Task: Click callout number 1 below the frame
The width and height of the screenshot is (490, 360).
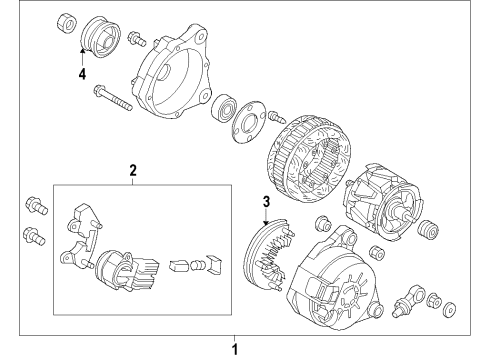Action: pyautogui.click(x=235, y=350)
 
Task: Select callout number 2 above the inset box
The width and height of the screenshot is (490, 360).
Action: pyautogui.click(x=133, y=170)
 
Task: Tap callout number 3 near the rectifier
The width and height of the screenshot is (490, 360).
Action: pyautogui.click(x=266, y=202)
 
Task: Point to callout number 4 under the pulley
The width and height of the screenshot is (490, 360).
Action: pyautogui.click(x=82, y=74)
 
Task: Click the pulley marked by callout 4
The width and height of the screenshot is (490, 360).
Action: pyautogui.click(x=101, y=37)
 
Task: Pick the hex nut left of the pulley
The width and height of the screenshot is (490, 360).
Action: pyautogui.click(x=67, y=23)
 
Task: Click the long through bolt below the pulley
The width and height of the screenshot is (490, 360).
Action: pyautogui.click(x=113, y=98)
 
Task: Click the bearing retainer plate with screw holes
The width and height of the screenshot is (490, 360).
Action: pyautogui.click(x=249, y=122)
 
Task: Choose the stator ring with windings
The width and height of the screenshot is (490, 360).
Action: pyautogui.click(x=309, y=159)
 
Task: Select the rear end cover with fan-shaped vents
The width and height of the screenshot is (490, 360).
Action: pyautogui.click(x=335, y=279)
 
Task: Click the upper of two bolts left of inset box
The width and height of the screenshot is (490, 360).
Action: pyautogui.click(x=36, y=205)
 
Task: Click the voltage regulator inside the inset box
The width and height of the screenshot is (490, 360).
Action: pyautogui.click(x=126, y=271)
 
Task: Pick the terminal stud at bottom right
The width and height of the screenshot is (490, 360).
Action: pyautogui.click(x=409, y=301)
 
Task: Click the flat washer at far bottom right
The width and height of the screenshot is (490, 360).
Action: pyautogui.click(x=449, y=309)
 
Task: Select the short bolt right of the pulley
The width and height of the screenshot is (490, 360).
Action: pyautogui.click(x=137, y=38)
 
